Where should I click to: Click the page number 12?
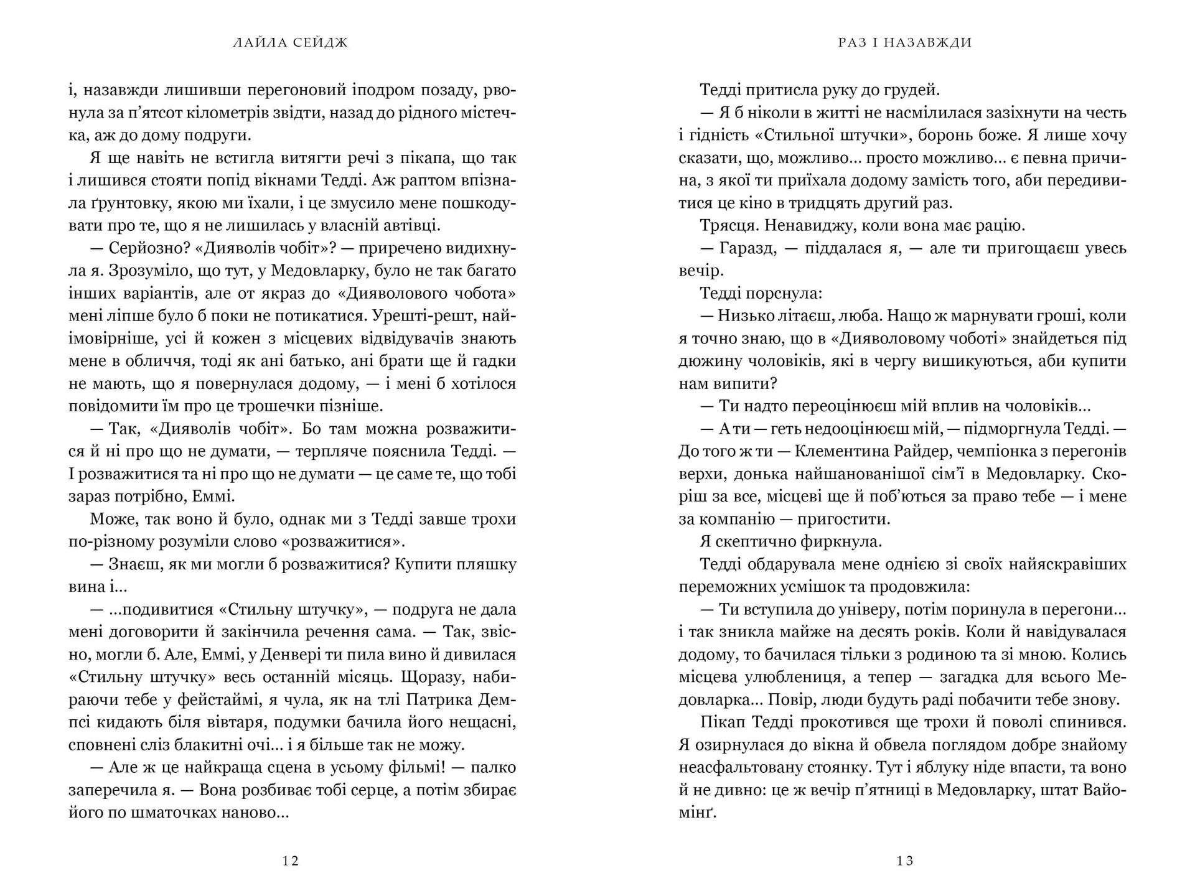tap(291, 861)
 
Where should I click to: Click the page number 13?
tap(905, 861)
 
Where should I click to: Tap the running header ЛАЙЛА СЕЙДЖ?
tap(291, 43)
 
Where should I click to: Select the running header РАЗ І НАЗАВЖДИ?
tap(905, 43)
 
